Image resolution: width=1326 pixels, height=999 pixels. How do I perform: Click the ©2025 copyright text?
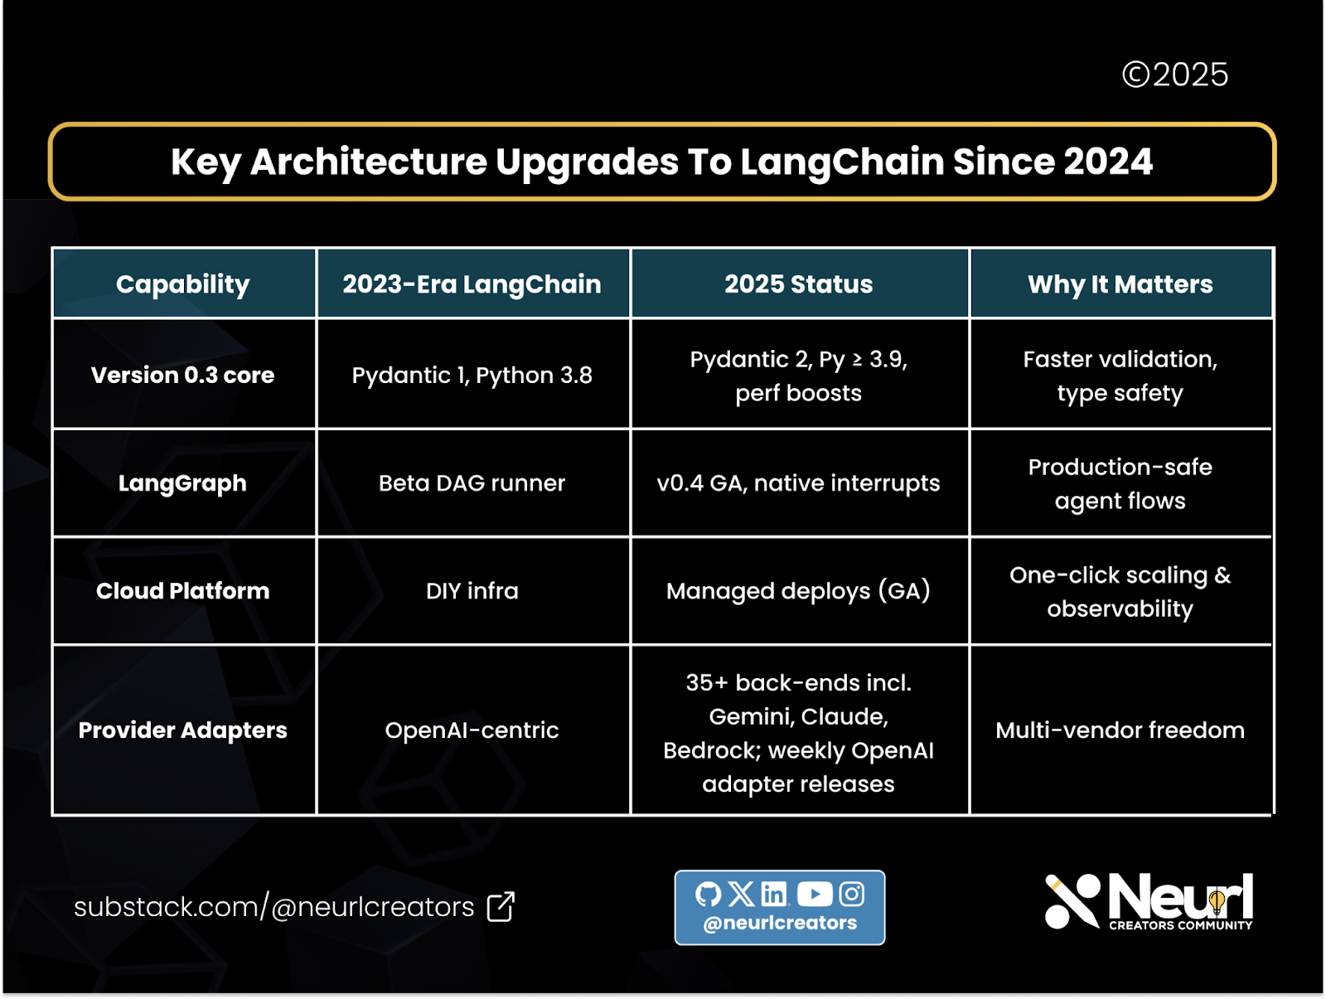tap(1174, 75)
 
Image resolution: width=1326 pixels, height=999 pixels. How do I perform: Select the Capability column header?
tap(182, 284)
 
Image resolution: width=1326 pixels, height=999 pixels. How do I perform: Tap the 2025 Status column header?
tap(798, 284)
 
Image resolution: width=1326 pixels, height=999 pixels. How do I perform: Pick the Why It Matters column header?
tap(1120, 284)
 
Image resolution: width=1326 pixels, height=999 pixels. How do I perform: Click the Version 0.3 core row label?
tap(182, 375)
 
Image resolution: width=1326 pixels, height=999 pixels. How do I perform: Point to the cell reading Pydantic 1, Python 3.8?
tap(472, 375)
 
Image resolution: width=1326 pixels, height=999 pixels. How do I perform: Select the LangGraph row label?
tap(182, 483)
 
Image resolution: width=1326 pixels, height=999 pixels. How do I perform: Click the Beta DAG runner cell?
tap(472, 483)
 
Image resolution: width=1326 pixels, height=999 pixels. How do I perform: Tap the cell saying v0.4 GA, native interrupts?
tap(798, 483)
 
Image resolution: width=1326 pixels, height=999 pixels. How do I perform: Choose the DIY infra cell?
tap(472, 590)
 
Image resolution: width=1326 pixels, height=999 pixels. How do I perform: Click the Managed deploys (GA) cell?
tap(798, 590)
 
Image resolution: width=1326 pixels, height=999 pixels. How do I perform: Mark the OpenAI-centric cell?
tap(472, 730)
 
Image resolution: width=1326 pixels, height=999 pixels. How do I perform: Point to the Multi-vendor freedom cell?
tap(1120, 730)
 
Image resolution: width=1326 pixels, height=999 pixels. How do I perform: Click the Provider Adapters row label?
tap(182, 730)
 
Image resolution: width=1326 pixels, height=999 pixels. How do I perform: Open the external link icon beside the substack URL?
tap(501, 906)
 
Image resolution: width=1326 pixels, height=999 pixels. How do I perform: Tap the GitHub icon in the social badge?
tap(708, 894)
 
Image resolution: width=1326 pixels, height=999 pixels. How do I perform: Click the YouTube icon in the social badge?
tap(814, 894)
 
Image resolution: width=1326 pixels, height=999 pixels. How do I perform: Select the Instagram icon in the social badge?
tap(852, 894)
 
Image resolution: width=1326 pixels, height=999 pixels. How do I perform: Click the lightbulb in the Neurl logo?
tap(1217, 900)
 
